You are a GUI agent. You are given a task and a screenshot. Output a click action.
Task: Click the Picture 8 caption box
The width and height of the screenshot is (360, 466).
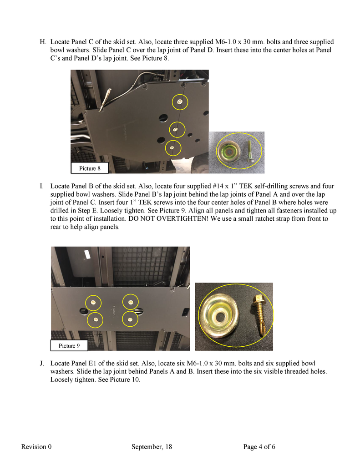click(90, 168)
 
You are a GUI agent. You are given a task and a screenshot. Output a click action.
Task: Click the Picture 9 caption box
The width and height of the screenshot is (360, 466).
click(69, 346)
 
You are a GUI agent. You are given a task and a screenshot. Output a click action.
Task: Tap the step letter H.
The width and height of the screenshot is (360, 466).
click(43, 41)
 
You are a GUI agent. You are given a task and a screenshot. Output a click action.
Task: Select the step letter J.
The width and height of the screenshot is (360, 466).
click(42, 364)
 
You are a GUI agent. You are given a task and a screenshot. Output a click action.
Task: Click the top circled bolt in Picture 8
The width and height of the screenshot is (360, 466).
click(180, 102)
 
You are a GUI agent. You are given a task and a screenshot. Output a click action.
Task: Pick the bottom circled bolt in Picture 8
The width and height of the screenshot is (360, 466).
click(172, 147)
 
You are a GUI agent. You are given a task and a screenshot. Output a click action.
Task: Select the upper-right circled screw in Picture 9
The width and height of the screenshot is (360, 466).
click(131, 302)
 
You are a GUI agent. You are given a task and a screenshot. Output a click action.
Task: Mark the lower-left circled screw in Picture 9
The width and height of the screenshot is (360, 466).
click(95, 320)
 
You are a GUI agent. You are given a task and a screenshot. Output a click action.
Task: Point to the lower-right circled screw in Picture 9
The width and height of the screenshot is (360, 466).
click(130, 320)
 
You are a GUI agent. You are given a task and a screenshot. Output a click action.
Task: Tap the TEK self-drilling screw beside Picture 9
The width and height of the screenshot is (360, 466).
click(258, 315)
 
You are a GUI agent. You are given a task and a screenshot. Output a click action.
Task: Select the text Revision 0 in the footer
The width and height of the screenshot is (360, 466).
click(36, 447)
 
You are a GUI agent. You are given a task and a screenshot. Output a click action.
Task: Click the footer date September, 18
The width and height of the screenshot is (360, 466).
click(152, 447)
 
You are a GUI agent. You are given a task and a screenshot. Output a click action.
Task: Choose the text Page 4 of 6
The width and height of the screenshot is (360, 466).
click(259, 447)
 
